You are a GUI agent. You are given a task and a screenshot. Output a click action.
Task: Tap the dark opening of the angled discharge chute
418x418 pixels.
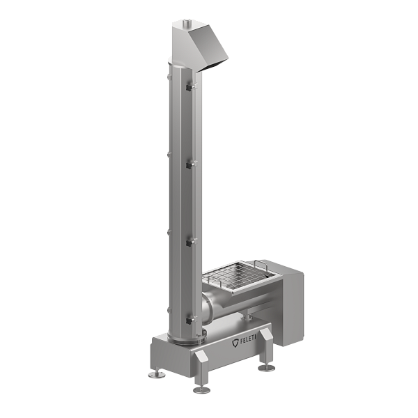pos(213,66)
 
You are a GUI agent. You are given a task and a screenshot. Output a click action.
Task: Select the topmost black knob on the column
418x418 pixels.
pos(189,88)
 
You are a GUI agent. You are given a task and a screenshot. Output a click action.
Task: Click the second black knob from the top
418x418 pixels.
pos(189,166)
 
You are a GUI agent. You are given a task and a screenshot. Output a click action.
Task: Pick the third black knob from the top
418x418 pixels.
pos(189,243)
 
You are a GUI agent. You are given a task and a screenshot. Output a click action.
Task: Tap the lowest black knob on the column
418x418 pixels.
pos(189,321)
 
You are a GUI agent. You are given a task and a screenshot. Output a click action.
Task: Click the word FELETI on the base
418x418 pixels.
pos(247,341)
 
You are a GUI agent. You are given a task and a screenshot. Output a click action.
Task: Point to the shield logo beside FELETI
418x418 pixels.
pos(235,343)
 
